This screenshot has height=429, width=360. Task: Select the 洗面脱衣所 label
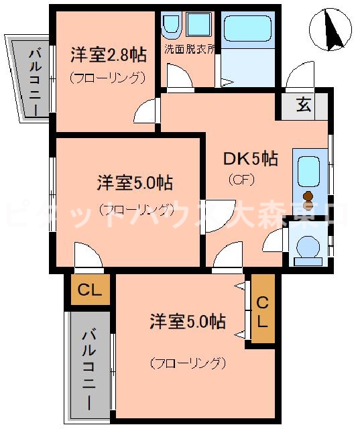click(x=190, y=49)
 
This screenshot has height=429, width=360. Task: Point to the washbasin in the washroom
click(x=170, y=25)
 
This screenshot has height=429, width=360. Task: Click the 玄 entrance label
click(x=304, y=105)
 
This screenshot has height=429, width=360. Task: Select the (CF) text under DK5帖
click(x=241, y=180)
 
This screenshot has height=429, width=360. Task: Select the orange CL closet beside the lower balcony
click(x=90, y=290)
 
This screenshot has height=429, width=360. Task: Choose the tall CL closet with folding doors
click(x=263, y=310)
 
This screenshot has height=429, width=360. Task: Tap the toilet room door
click(x=276, y=240)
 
